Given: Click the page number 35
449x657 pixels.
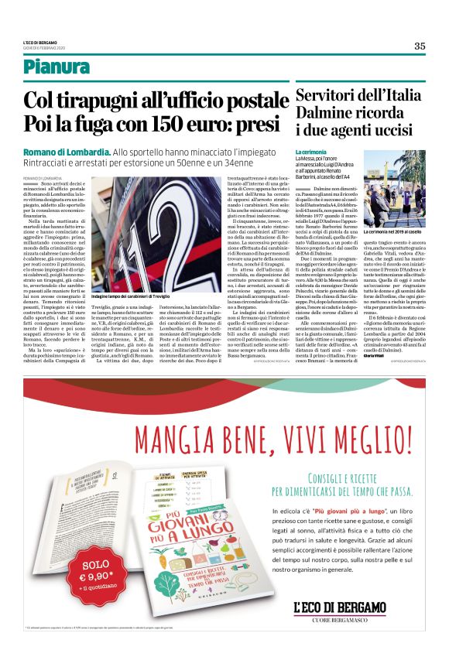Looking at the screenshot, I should click(419, 46).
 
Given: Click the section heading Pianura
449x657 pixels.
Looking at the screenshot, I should click(55, 68).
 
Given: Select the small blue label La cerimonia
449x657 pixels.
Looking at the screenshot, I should click(311, 151).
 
